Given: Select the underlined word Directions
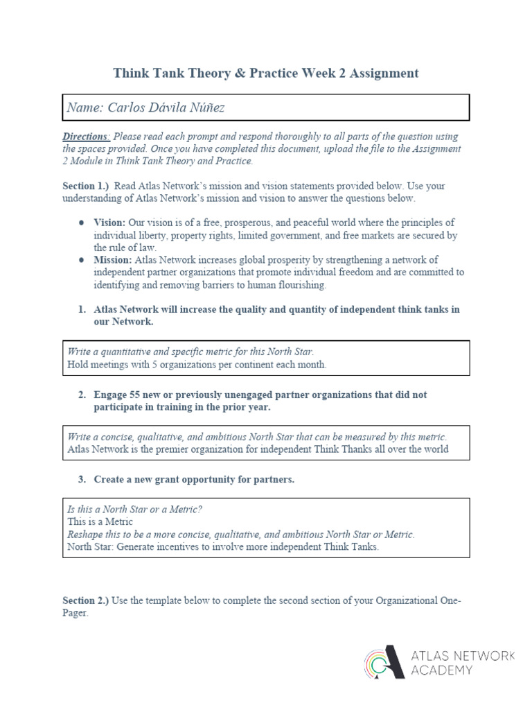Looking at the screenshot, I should pyautogui.click(x=86, y=137).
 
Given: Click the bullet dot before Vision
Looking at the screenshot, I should pyautogui.click(x=82, y=223).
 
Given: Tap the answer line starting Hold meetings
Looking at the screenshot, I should pyautogui.click(x=197, y=364).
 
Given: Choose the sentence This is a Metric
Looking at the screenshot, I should pyautogui.click(x=100, y=521).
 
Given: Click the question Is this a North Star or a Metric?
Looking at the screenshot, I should pyautogui.click(x=134, y=509).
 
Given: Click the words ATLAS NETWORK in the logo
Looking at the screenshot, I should pyautogui.click(x=463, y=656).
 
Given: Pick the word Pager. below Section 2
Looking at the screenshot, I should pyautogui.click(x=76, y=614).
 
